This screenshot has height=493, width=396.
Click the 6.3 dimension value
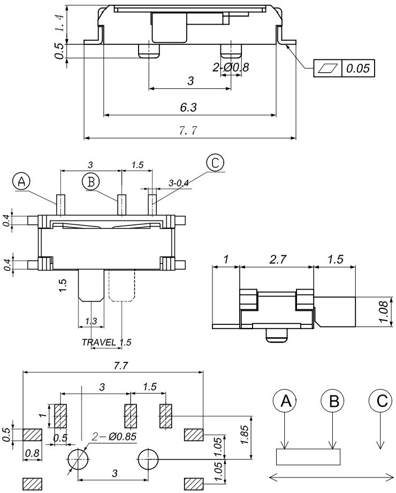tap(188, 108)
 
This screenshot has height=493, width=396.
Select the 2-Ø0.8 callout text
tap(231, 67)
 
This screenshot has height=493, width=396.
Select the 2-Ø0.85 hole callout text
tap(115, 436)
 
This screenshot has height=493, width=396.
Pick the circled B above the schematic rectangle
tap(333, 400)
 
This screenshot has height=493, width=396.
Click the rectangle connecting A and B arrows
tap(308, 457)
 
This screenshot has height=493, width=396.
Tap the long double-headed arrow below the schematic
tap(330, 478)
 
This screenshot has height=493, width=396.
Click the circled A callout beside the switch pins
tap(22, 181)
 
